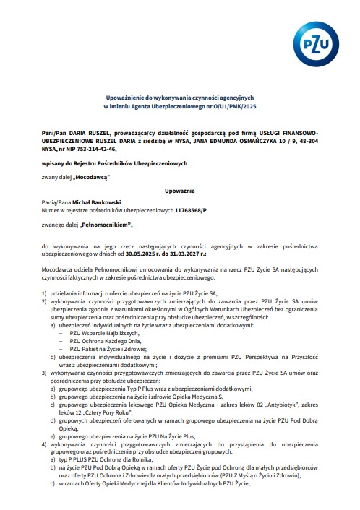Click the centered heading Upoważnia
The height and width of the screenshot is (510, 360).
(179, 190)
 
